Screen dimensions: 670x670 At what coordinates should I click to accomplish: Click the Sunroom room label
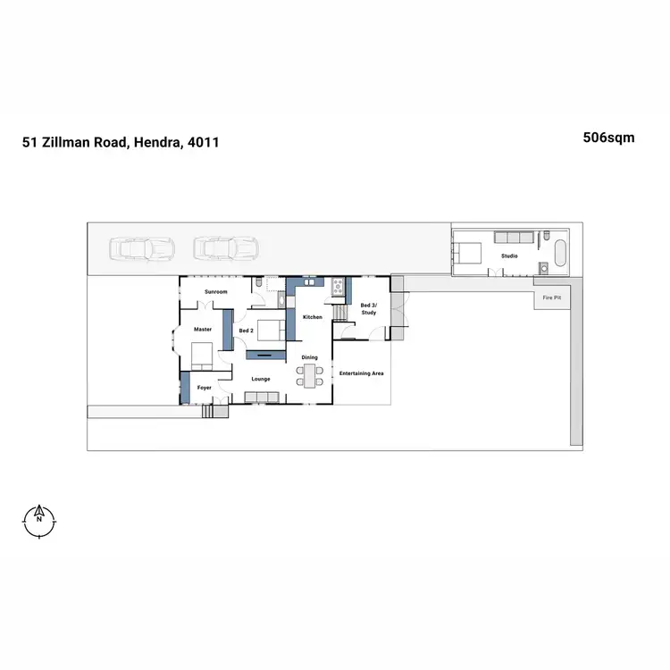tap(216, 292)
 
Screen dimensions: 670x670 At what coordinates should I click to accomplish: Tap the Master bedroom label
tap(203, 329)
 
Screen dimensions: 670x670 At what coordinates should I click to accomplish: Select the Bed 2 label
tap(247, 331)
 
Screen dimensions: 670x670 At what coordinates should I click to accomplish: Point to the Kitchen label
tap(312, 317)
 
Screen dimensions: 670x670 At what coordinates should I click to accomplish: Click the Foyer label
tap(204, 388)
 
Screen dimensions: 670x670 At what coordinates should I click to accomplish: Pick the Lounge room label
tap(261, 379)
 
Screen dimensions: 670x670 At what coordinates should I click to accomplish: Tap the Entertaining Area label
tap(362, 373)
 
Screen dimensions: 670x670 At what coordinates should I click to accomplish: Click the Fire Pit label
tap(551, 297)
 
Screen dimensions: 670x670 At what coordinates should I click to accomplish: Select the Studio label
tap(509, 256)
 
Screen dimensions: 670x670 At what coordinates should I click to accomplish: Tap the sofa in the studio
tap(512, 237)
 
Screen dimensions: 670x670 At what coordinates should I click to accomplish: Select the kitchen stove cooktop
tap(339, 286)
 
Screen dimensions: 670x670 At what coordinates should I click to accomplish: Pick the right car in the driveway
tap(226, 247)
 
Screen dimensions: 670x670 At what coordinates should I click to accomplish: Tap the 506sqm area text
tap(609, 138)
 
